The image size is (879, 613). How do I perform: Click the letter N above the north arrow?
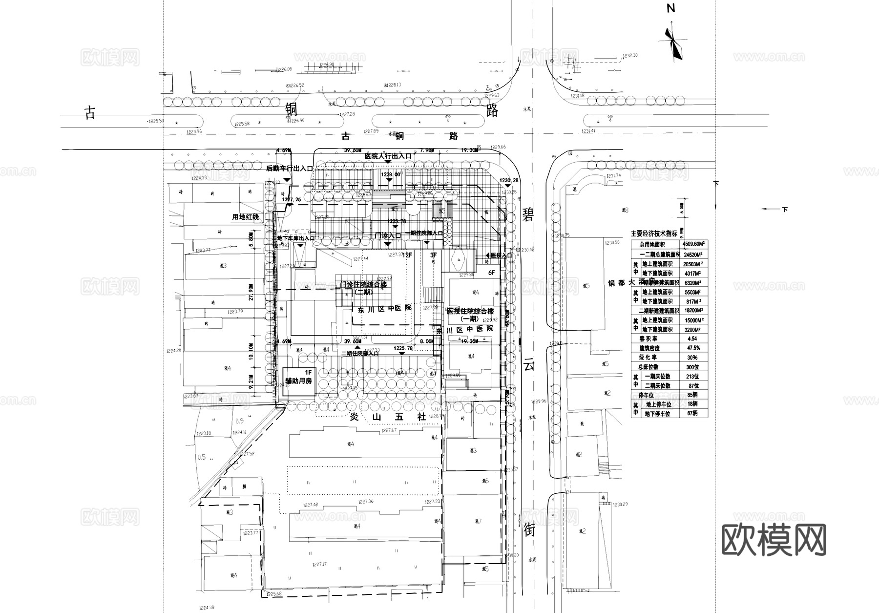pyautogui.click(x=671, y=8)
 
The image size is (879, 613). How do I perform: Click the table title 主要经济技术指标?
pyautogui.click(x=654, y=234)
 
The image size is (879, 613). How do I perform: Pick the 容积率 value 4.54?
pyautogui.click(x=691, y=338)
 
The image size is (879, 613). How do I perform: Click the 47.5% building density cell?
pyautogui.click(x=692, y=348)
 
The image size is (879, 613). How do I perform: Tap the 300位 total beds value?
pyautogui.click(x=692, y=367)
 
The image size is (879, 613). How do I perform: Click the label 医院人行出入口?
pyautogui.click(x=388, y=156)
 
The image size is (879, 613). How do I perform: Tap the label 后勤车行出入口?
pyautogui.click(x=289, y=169)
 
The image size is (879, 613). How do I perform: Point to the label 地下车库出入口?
pyautogui.click(x=295, y=238)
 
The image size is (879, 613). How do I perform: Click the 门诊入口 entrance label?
pyautogui.click(x=387, y=235)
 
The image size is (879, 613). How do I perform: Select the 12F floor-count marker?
pyautogui.click(x=407, y=255)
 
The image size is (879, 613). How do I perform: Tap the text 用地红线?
pyautogui.click(x=246, y=217)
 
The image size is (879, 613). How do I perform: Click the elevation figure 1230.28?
pyautogui.click(x=508, y=181)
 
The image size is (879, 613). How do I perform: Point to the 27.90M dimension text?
pyautogui.click(x=251, y=292)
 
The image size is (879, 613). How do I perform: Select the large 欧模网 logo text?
pyautogui.click(x=774, y=540)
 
